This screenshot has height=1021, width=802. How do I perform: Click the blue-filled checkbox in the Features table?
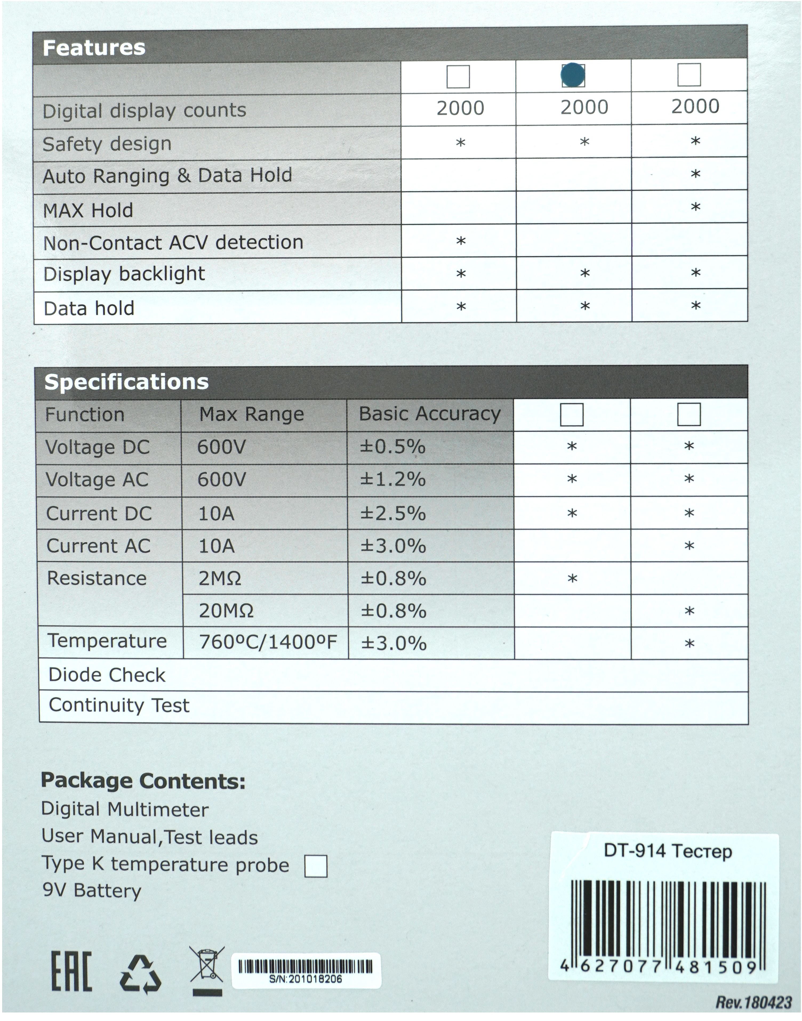click(573, 75)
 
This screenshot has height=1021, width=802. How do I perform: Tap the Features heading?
click(94, 48)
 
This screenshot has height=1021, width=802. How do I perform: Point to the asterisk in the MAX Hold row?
click(695, 207)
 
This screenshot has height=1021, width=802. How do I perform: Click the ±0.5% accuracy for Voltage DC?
click(392, 447)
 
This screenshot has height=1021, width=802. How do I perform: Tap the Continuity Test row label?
click(119, 705)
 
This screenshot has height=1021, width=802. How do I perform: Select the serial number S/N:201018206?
click(306, 979)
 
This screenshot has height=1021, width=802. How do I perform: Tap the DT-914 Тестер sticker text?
click(668, 851)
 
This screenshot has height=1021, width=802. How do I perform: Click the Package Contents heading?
click(143, 781)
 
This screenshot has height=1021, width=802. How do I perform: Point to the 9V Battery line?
click(92, 890)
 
